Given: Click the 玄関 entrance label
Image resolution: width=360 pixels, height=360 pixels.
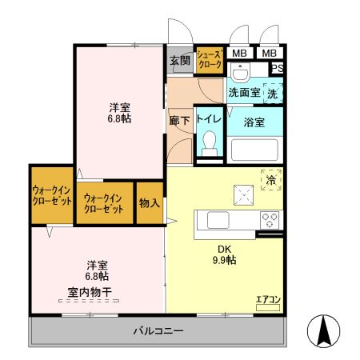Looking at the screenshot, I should [x=179, y=60].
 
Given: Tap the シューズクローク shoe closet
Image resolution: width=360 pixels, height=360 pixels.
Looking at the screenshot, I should [x=210, y=60].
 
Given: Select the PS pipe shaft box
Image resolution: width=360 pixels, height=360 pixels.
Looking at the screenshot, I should [x=276, y=69].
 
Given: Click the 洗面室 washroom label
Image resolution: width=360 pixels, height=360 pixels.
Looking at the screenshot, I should [x=244, y=93].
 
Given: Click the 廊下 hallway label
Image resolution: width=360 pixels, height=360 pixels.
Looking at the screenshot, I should [x=179, y=121].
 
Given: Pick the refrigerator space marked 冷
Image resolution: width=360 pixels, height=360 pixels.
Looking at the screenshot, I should [x=270, y=180].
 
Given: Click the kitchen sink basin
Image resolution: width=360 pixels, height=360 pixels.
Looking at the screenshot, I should [x=218, y=218].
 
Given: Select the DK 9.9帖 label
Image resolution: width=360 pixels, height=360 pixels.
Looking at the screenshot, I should [x=223, y=254].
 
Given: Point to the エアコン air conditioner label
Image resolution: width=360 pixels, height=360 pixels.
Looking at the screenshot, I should [x=268, y=300].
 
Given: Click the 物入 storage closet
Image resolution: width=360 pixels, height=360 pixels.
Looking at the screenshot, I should [x=149, y=202].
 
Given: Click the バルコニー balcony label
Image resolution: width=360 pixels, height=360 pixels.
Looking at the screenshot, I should [x=158, y=331].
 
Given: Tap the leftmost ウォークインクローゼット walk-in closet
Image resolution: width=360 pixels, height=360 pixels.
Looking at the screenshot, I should [x=51, y=195].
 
